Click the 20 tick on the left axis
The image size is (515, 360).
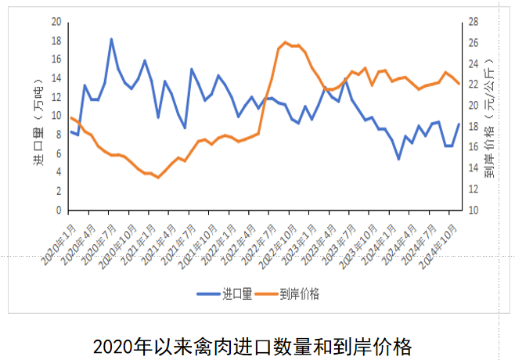click(x=56, y=21)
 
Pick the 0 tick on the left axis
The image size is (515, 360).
click(x=58, y=211)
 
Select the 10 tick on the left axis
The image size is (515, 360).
click(x=56, y=116)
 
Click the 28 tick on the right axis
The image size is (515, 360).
click(x=476, y=21)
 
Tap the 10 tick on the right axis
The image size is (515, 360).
click(x=476, y=211)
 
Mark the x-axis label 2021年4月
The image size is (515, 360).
click(x=154, y=239)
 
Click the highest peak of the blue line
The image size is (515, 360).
click(x=111, y=39)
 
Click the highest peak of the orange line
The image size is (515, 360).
click(x=286, y=42)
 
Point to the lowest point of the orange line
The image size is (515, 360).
click(x=158, y=178)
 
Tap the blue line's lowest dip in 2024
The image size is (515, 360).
click(x=398, y=159)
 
